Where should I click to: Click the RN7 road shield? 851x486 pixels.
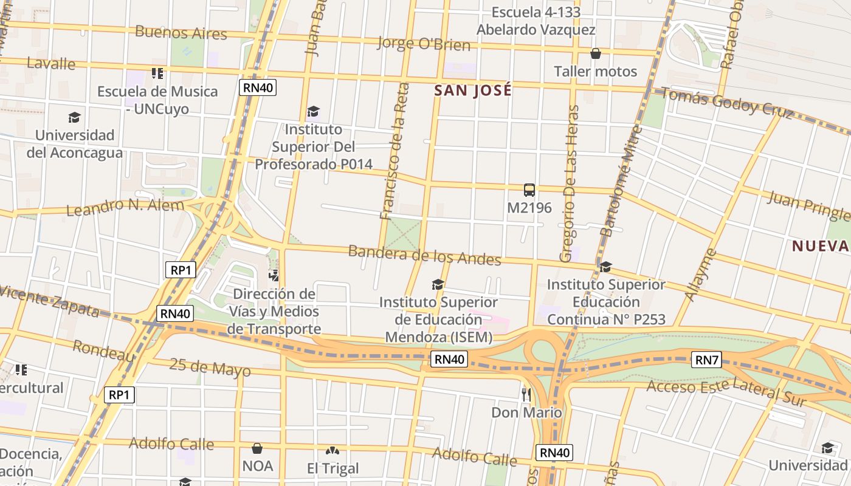pyautogui.click(x=706, y=360)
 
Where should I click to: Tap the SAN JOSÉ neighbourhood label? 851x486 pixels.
pyautogui.click(x=473, y=91)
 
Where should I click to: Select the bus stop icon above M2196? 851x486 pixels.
pyautogui.click(x=529, y=190)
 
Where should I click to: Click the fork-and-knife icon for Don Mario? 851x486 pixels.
pyautogui.click(x=526, y=394)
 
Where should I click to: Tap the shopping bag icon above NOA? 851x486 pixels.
pyautogui.click(x=257, y=449)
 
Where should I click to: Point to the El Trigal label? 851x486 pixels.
pyautogui.click(x=332, y=468)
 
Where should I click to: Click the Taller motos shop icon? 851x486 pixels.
pyautogui.click(x=596, y=54)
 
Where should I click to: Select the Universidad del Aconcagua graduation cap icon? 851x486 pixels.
pyautogui.click(x=74, y=117)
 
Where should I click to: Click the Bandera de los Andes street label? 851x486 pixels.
pyautogui.click(x=424, y=255)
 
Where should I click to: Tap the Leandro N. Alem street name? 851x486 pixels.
pyautogui.click(x=125, y=207)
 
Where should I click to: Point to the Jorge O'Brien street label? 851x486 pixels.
pyautogui.click(x=424, y=44)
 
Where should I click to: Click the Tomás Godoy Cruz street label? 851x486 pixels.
pyautogui.click(x=726, y=103)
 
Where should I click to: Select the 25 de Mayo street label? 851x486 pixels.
pyautogui.click(x=210, y=367)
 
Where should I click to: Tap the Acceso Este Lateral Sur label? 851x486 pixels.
pyautogui.click(x=726, y=392)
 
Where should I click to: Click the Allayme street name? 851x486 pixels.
pyautogui.click(x=701, y=275)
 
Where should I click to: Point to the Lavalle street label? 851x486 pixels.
pyautogui.click(x=51, y=63)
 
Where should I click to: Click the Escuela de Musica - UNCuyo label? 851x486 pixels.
pyautogui.click(x=157, y=100)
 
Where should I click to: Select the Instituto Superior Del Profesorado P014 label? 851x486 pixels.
pyautogui.click(x=313, y=146)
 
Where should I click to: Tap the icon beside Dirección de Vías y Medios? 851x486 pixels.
pyautogui.click(x=274, y=275)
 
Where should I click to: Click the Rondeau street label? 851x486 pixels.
pyautogui.click(x=104, y=351)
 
